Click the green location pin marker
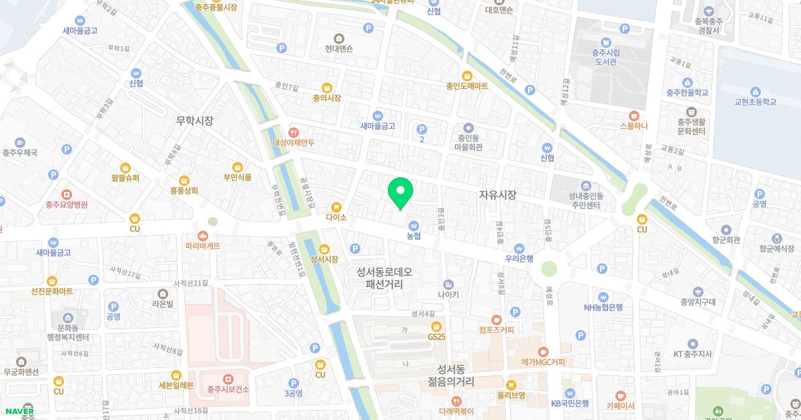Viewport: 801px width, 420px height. [x=400, y=193]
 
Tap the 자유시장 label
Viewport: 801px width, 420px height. [x=497, y=195]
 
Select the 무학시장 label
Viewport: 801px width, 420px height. [x=194, y=121]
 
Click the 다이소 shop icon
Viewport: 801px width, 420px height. [x=336, y=207]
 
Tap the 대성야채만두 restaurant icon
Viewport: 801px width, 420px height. [x=293, y=132]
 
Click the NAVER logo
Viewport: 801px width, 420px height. [x=18, y=411]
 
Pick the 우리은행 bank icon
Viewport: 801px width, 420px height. [x=519, y=247]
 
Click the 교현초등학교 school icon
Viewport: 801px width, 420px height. [x=755, y=91]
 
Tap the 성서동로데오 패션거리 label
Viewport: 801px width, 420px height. [x=384, y=278]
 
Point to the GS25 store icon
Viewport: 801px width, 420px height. [x=437, y=326]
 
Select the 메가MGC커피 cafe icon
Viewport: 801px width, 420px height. [x=543, y=351]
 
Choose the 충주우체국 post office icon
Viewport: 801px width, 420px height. [x=19, y=142]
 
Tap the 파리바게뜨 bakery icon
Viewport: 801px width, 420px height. [x=203, y=235]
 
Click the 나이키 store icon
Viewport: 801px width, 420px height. [x=448, y=283]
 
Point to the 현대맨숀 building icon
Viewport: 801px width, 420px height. [x=339, y=37]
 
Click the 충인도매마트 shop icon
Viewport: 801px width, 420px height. [x=467, y=75]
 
